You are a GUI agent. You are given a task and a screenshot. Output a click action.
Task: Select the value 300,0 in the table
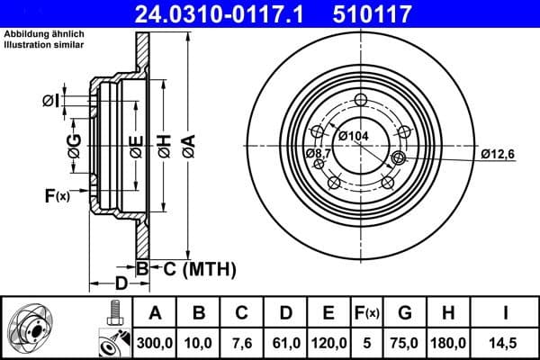[x=155, y=342]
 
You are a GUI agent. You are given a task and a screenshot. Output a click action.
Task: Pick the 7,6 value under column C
[x=242, y=342]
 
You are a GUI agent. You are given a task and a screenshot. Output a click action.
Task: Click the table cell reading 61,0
[x=285, y=342]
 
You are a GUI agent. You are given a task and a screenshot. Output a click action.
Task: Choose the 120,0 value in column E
[x=329, y=342]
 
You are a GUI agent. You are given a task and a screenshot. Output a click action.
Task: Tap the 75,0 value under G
[x=404, y=342]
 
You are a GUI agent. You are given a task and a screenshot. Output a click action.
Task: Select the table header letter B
[x=199, y=314]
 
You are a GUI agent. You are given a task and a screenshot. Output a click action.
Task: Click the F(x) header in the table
[x=366, y=314]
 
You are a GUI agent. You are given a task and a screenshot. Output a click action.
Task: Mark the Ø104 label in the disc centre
[x=354, y=135]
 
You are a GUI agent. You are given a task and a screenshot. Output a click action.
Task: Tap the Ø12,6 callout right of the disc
[x=497, y=154]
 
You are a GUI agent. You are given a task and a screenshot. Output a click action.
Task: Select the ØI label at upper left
[x=51, y=101]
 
